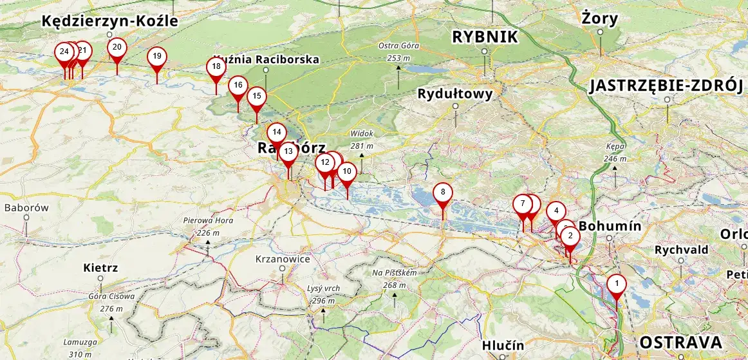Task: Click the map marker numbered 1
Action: [617, 283]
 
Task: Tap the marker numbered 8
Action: [443, 193]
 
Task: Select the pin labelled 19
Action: [157, 57]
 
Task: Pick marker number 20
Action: [117, 47]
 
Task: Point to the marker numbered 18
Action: [216, 66]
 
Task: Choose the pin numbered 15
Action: [257, 97]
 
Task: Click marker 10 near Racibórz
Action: [347, 172]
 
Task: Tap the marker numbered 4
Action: [556, 211]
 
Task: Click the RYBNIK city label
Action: [485, 37]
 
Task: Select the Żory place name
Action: [599, 17]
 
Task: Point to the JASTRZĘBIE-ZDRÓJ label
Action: [667, 86]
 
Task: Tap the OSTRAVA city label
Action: [680, 342]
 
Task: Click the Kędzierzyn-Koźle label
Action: [109, 21]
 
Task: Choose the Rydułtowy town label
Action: [455, 94]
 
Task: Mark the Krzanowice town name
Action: [283, 260]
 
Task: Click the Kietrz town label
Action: [100, 267]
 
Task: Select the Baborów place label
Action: [26, 208]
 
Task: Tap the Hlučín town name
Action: [503, 346]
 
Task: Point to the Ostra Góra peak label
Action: [398, 46]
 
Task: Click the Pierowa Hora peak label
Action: [207, 220]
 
